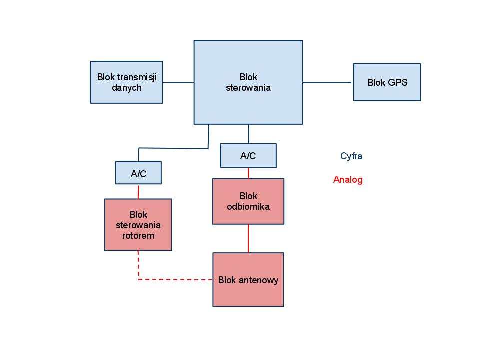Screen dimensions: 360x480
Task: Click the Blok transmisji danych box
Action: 126,82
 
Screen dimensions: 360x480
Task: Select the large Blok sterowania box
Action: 248,82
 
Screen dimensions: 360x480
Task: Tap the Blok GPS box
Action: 387,82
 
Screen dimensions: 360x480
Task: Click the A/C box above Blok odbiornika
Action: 248,156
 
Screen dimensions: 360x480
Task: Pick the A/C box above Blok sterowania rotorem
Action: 138,173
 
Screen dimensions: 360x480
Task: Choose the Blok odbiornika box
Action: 248,201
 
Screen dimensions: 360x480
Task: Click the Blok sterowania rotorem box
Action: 138,225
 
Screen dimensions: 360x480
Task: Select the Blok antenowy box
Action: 248,280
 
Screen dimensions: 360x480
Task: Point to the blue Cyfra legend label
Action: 351,156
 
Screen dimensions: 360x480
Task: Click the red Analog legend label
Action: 348,180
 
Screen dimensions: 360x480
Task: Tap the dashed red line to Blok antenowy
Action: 175,279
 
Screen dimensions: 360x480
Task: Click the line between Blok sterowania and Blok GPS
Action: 327,82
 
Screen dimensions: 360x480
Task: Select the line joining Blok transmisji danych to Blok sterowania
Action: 178,82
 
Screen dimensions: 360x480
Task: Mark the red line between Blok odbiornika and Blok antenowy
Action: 248,238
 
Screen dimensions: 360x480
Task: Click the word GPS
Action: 398,83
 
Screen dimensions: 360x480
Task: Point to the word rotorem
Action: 138,236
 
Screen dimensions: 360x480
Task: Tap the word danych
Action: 127,88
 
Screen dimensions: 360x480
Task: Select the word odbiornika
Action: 248,206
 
